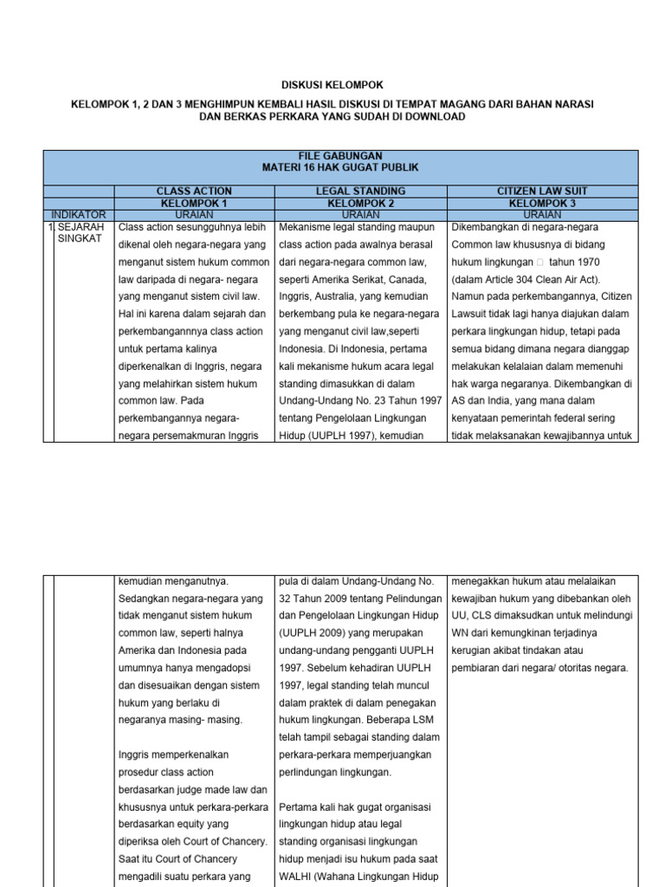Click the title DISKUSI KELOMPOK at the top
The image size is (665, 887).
pos(332,85)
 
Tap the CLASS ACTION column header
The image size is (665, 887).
pos(194,191)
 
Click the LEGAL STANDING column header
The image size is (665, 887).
pos(360,191)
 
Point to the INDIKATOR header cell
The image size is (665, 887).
pos(79,214)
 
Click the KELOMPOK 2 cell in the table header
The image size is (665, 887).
pos(360,203)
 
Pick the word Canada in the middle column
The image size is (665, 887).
pos(419,262)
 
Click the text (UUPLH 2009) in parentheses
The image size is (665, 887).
pos(314,632)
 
